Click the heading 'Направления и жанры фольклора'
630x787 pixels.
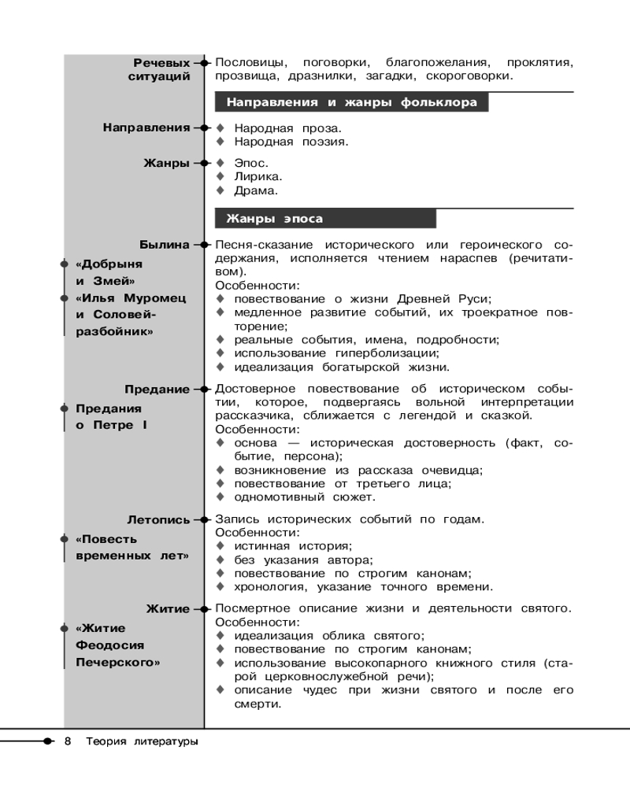coord(351,102)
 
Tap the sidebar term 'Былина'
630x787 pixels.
coord(165,245)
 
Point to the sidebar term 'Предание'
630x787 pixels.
coord(157,390)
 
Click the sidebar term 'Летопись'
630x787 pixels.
coord(158,519)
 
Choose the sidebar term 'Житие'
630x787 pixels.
coord(168,609)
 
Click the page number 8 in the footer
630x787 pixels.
coord(69,741)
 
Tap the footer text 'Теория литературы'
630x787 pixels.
coord(142,741)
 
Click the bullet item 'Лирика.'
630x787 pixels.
coord(258,177)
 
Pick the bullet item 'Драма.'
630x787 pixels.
coord(256,190)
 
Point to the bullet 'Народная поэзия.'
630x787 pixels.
coord(291,142)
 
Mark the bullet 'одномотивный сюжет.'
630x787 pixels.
coord(304,497)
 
